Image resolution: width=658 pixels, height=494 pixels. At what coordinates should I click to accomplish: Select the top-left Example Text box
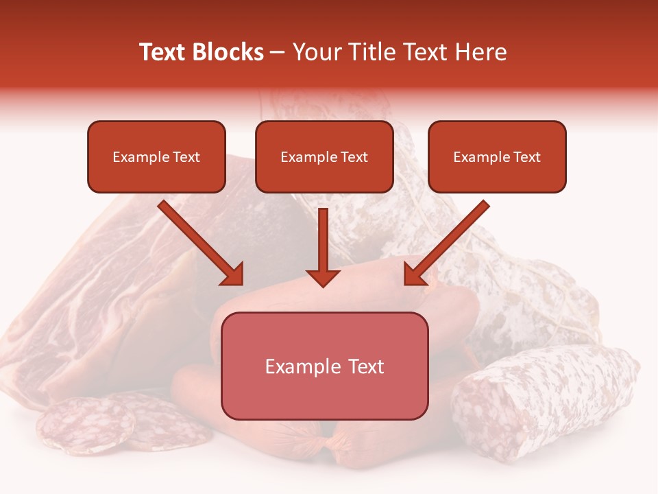pos(156,156)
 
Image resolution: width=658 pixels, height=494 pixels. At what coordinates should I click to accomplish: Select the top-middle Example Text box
pos(324,156)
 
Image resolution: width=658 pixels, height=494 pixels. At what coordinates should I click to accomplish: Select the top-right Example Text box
pos(497,156)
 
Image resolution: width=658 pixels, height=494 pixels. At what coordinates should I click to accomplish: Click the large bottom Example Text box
pos(325,366)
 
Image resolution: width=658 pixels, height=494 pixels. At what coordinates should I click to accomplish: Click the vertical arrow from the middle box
pos(323,240)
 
